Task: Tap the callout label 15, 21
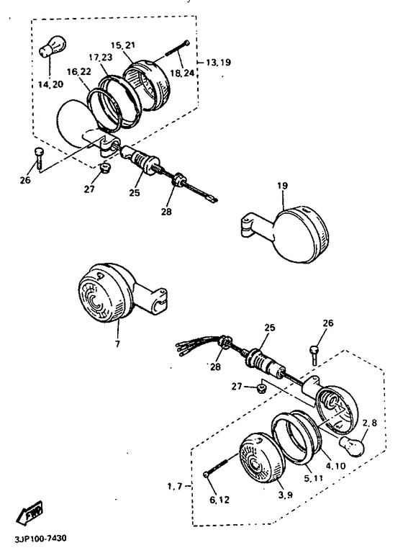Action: tap(122, 45)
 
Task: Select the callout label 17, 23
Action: tap(101, 57)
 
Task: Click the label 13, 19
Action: tap(218, 62)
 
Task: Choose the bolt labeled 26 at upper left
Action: tap(38, 158)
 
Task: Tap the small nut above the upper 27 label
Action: tap(103, 168)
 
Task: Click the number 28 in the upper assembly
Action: tap(166, 212)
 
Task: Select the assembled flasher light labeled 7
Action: tap(122, 292)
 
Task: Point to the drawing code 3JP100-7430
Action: tap(40, 539)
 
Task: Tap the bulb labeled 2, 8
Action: tap(350, 446)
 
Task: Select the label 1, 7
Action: tap(175, 486)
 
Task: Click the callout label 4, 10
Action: tap(335, 466)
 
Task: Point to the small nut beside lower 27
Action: tap(261, 390)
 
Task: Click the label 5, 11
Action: tap(314, 479)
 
